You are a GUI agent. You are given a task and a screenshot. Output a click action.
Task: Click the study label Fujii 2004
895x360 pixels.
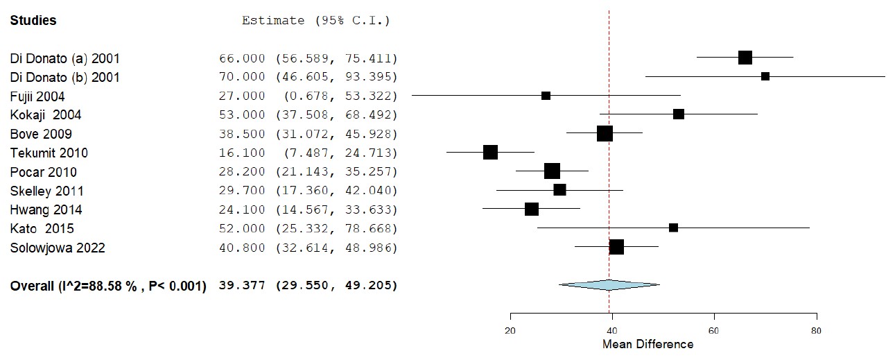click(37, 96)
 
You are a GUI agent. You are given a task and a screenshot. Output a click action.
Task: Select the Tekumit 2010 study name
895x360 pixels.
click(49, 153)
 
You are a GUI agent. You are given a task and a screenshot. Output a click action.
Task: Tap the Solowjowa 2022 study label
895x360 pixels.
click(58, 248)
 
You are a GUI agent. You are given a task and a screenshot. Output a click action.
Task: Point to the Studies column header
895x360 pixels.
click(33, 21)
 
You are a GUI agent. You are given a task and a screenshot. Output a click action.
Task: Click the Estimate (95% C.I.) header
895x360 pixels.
click(315, 21)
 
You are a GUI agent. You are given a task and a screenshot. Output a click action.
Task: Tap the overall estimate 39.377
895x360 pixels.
click(242, 285)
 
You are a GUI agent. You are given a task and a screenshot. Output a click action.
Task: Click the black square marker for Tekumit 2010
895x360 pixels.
click(490, 152)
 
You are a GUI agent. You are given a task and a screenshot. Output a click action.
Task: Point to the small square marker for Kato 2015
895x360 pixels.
click(673, 228)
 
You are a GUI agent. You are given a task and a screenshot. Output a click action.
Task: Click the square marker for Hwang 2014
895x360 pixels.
click(532, 209)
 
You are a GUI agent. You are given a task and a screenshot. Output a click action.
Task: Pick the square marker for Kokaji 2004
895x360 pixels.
click(679, 114)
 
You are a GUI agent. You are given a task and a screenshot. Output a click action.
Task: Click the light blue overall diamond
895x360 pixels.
click(609, 284)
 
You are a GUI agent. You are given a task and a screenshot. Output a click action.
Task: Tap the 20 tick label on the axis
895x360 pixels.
click(510, 330)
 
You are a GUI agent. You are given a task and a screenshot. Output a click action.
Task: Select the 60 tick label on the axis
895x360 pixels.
click(714, 330)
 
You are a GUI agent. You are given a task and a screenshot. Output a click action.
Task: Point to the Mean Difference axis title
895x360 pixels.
click(648, 345)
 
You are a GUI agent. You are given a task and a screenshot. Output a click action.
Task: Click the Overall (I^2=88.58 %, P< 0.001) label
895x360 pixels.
click(108, 285)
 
